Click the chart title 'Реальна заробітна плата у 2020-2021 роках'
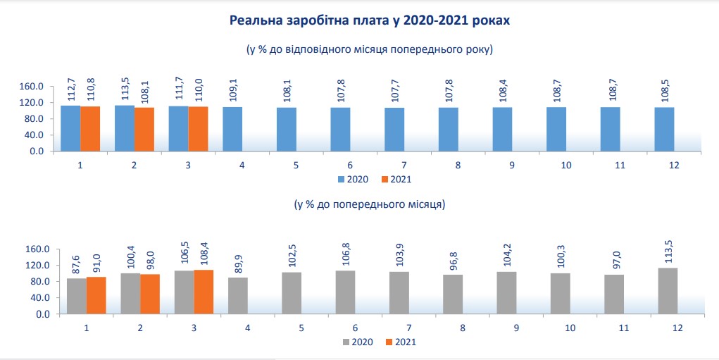click(369, 21)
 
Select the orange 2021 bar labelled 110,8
click(90, 128)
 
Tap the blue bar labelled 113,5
click(125, 128)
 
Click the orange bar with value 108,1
click(144, 129)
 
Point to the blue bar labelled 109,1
click(233, 129)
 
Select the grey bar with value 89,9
click(238, 295)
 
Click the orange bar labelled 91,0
click(96, 295)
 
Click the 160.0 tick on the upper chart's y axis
click(33, 87)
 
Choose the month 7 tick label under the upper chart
click(404, 165)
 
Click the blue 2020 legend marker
click(341, 180)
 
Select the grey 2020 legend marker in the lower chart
click(346, 342)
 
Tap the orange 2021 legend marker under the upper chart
click(384, 180)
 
